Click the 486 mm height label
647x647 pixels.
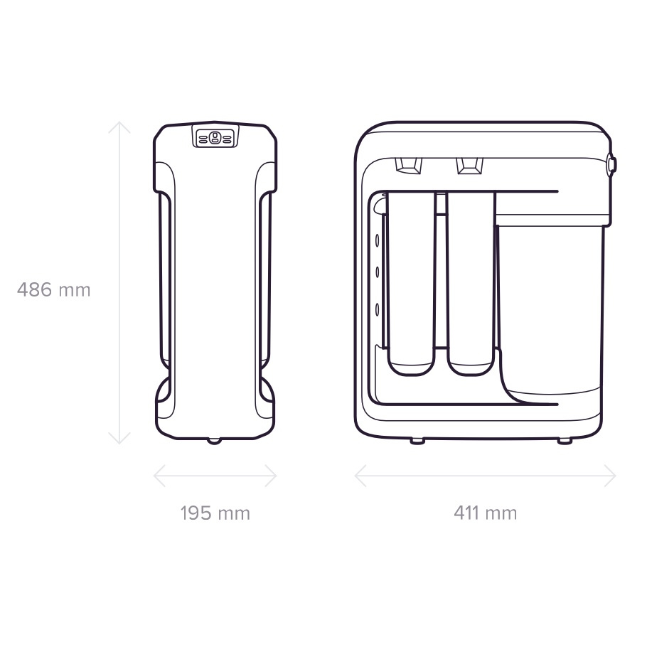(x=53, y=289)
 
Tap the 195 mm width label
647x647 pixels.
(x=215, y=513)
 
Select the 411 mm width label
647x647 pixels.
(x=485, y=513)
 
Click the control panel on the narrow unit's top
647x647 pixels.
(x=215, y=137)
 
